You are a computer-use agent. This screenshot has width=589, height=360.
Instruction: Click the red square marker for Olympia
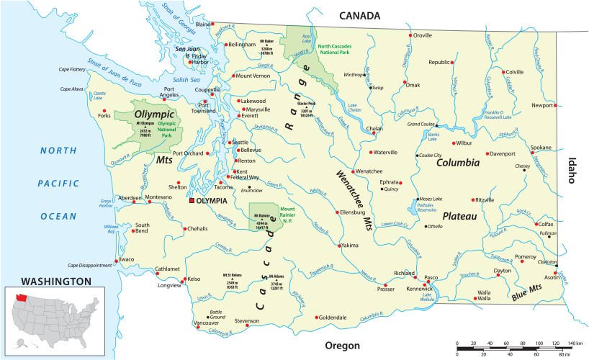click(x=192, y=202)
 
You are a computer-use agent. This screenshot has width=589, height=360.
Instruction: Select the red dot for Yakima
click(x=338, y=246)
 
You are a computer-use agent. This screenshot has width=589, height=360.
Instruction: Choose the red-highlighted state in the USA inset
click(x=20, y=296)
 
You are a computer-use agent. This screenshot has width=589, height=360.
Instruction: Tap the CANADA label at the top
click(x=356, y=15)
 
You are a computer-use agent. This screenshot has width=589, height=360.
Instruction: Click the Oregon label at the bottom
click(x=341, y=346)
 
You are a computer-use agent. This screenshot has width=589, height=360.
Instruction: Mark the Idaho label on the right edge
click(x=573, y=171)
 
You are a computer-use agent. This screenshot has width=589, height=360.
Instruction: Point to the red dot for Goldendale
click(x=316, y=317)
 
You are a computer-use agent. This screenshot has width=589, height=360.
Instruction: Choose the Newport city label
click(x=541, y=105)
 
